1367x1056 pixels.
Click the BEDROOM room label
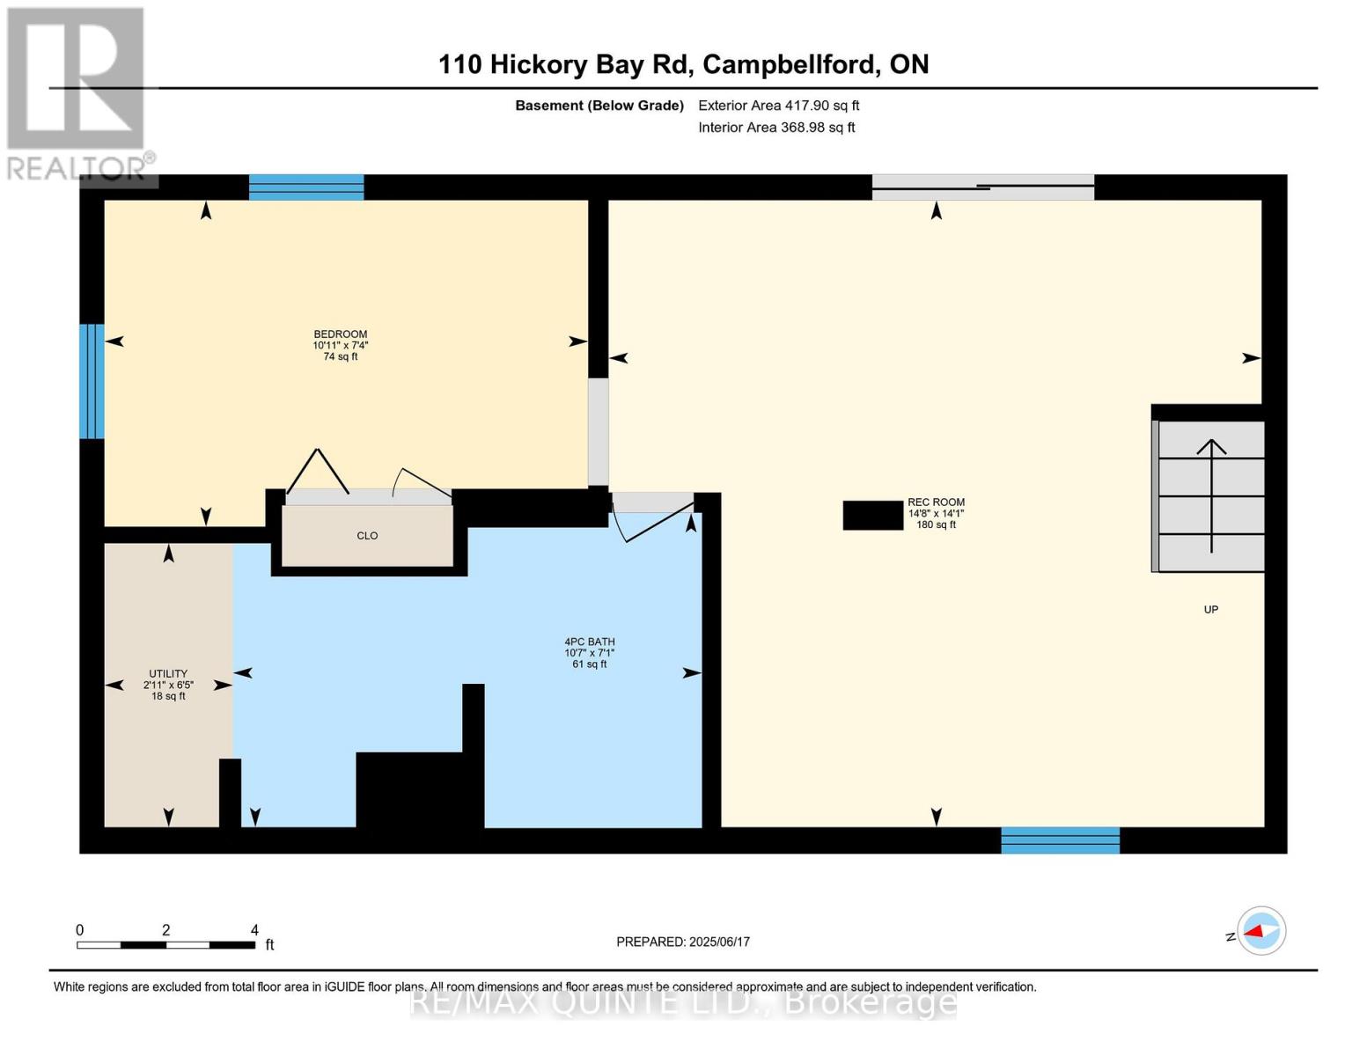[x=340, y=334]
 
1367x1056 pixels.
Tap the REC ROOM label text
[x=936, y=502]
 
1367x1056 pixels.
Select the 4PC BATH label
[x=589, y=642]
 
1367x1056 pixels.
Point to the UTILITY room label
[x=168, y=674]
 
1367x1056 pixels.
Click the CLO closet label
[x=367, y=536]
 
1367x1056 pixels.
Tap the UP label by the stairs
[x=1210, y=610]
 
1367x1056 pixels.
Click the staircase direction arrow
[x=1211, y=493]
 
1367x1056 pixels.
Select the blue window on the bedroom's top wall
[x=306, y=187]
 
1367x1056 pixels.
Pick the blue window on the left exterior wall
[x=92, y=381]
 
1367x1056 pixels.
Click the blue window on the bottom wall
[x=1060, y=840]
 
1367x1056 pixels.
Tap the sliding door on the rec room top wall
[x=982, y=187]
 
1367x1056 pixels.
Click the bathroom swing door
[x=652, y=519]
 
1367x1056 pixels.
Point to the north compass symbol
[x=1260, y=931]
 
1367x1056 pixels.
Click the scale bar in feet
[x=165, y=945]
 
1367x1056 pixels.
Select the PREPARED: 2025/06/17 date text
[x=682, y=942]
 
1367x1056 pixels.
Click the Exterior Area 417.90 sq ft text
[x=778, y=106]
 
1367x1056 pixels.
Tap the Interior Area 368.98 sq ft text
[x=776, y=128]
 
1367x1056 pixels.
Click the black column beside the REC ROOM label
[x=872, y=516]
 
